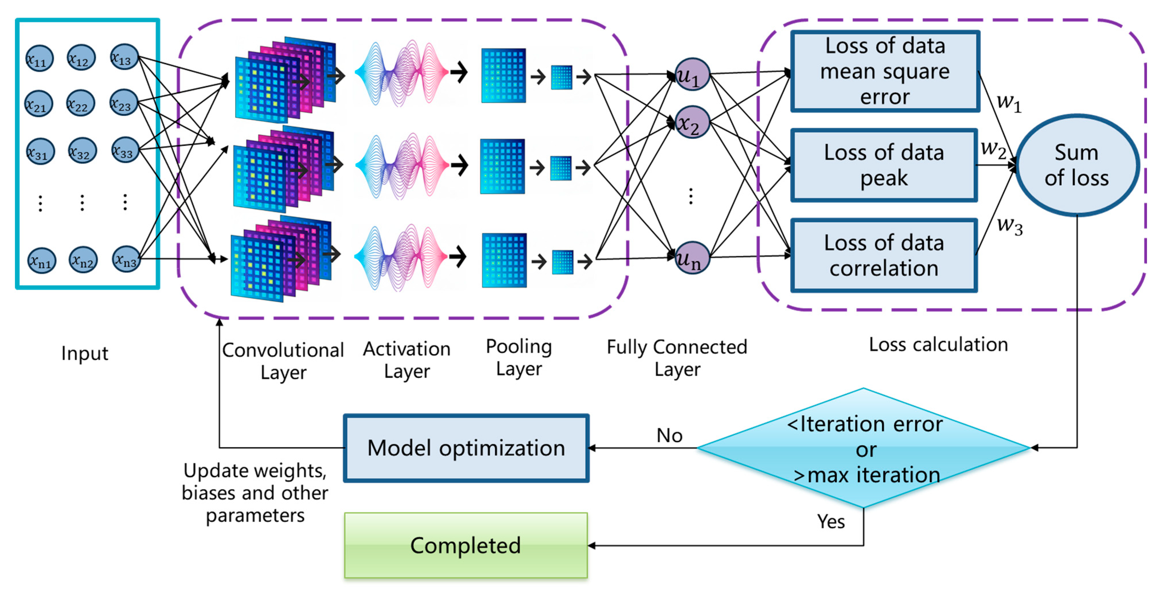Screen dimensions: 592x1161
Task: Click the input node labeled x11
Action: (39, 59)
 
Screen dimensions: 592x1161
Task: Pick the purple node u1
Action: (692, 74)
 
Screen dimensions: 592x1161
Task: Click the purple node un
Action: (692, 258)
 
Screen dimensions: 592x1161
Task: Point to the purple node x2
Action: (692, 122)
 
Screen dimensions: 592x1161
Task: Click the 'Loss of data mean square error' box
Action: (885, 71)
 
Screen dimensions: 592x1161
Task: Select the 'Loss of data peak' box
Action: (884, 165)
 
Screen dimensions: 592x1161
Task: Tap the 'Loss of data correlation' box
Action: (884, 255)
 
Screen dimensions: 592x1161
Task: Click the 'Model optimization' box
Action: (466, 448)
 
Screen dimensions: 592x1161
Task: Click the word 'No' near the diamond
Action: (669, 436)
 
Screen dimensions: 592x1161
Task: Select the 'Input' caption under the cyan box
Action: (85, 353)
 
